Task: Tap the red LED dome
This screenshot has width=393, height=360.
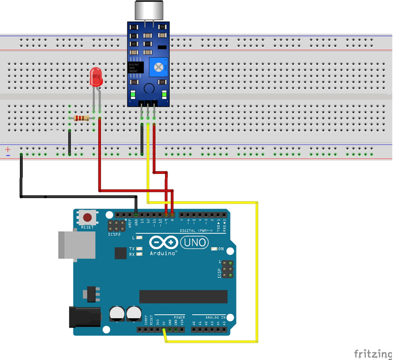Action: pos(95,76)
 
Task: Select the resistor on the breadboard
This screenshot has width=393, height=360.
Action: pos(82,118)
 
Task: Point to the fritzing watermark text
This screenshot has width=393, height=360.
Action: pos(371,352)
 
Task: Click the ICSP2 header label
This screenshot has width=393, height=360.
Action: pos(115,235)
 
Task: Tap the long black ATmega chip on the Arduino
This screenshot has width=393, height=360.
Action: pos(184,296)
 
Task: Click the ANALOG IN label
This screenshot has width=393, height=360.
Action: pos(214,317)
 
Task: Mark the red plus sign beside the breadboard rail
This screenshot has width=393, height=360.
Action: pos(8,148)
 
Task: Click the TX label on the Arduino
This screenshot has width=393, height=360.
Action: pos(131,248)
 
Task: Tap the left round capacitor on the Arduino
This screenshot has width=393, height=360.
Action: pos(116,313)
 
